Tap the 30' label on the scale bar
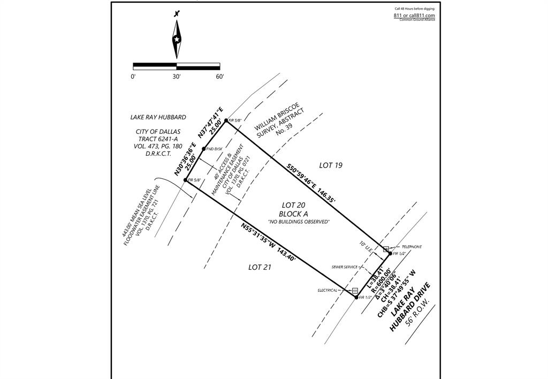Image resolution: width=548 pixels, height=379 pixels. click(177, 77)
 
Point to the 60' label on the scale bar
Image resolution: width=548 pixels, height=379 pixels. click(219, 77)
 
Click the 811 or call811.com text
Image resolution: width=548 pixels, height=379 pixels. click(414, 16)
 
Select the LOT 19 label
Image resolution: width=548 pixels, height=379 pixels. click(330, 165)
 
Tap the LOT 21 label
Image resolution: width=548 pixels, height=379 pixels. click(260, 267)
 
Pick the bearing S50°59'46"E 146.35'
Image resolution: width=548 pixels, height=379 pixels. click(311, 184)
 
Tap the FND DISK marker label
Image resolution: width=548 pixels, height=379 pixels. click(215, 148)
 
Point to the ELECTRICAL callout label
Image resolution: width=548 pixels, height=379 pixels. click(328, 290)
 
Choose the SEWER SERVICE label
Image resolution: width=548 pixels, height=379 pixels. click(345, 267)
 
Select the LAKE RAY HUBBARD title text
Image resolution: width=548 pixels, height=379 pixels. click(158, 117)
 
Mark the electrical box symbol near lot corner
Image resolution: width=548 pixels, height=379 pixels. click(354, 291)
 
